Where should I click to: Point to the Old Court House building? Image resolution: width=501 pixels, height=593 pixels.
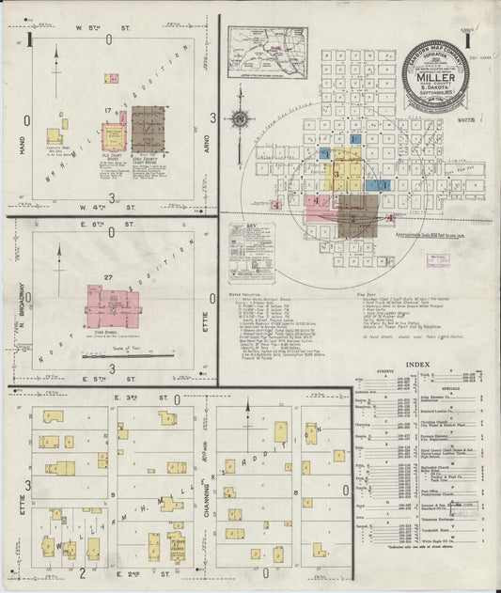point(114,137)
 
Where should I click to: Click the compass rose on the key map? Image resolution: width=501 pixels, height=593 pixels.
point(240,119)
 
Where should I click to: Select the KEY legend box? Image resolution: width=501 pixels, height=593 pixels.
point(252,252)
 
